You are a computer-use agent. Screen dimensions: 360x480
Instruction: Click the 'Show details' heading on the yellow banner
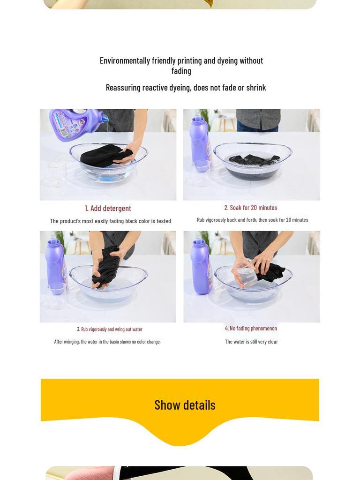pyautogui.click(x=185, y=405)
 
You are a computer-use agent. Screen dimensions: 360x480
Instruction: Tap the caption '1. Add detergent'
pyautogui.click(x=108, y=208)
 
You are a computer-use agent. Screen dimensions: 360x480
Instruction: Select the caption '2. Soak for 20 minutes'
pyautogui.click(x=250, y=208)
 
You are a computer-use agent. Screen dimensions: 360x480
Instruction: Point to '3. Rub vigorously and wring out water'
pyautogui.click(x=110, y=330)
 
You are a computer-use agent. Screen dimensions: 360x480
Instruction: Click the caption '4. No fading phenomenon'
pyautogui.click(x=251, y=328)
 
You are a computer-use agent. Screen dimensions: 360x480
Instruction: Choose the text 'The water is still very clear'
pyautogui.click(x=251, y=342)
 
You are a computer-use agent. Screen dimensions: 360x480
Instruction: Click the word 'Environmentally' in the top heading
pyautogui.click(x=125, y=60)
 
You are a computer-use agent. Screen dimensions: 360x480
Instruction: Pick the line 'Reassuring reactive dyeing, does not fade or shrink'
pyautogui.click(x=186, y=88)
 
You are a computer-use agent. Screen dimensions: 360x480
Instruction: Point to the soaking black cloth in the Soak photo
pyautogui.click(x=254, y=159)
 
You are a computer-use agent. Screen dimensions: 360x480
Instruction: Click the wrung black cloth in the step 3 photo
pyautogui.click(x=105, y=266)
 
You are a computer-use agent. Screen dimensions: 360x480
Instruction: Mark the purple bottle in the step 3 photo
pyautogui.click(x=56, y=266)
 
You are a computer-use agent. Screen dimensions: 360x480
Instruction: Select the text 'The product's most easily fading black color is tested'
pyautogui.click(x=111, y=221)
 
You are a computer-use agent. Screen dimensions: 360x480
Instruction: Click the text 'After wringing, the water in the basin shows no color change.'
pyautogui.click(x=107, y=342)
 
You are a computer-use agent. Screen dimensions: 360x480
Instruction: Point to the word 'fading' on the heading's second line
pyautogui.click(x=181, y=71)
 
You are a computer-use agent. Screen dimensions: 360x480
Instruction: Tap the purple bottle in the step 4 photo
pyautogui.click(x=201, y=266)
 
